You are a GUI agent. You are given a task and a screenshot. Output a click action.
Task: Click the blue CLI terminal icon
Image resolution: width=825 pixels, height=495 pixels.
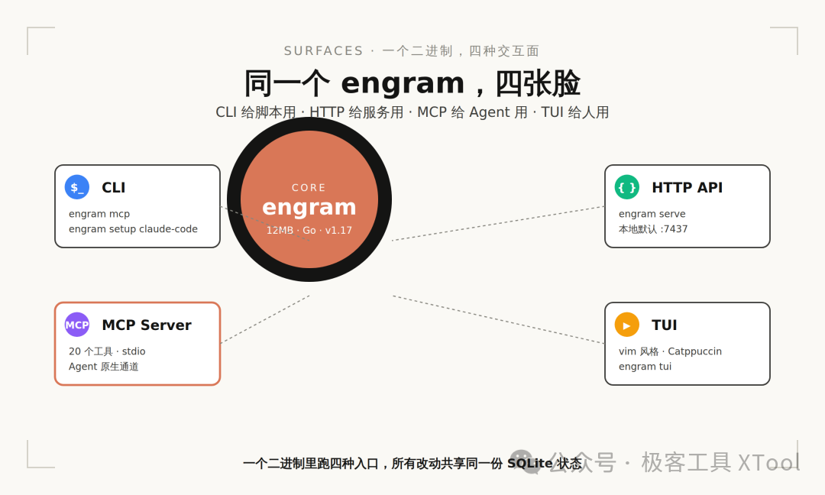pos(77,187)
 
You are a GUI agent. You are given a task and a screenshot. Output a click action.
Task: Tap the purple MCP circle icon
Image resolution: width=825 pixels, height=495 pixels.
pos(77,325)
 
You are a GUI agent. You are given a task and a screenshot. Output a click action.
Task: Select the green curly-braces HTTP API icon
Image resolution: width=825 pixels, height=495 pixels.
pos(627,187)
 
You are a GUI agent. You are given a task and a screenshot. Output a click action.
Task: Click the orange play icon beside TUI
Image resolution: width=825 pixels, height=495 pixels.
pos(627,325)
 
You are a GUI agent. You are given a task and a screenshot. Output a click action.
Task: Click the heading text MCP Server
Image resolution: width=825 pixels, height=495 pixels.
pos(146,325)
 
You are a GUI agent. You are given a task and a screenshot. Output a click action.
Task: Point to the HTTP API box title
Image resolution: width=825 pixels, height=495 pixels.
pos(687,187)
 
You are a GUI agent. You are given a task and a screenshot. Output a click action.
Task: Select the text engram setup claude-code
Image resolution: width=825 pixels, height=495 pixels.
pos(133,229)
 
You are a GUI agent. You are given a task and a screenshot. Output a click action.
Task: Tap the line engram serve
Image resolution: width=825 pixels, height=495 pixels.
pos(652,214)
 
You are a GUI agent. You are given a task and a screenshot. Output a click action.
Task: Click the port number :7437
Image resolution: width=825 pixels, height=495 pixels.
pos(674,229)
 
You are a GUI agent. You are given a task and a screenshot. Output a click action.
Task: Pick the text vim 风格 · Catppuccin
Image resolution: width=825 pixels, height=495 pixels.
pos(671,351)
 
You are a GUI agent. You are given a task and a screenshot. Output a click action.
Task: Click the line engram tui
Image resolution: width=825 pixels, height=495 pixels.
pos(645,367)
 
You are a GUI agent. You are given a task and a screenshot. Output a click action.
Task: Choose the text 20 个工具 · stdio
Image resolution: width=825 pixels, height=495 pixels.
pos(107,351)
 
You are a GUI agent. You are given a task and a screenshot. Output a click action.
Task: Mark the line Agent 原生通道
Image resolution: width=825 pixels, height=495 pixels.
pos(104,367)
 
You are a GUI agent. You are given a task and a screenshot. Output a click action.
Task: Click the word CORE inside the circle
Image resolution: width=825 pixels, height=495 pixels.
pos(309,188)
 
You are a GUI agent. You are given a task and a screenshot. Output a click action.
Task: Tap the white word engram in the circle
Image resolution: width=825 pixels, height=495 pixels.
pos(309,207)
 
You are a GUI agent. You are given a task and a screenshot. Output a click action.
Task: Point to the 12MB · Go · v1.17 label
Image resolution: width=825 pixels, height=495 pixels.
pos(309,231)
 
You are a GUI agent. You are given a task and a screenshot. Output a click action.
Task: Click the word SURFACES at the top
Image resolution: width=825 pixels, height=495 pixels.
pos(324,51)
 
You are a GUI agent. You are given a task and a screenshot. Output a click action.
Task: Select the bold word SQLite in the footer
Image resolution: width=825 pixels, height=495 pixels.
pos(530,464)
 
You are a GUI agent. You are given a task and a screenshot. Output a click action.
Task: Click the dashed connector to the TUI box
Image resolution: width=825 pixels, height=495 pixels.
pos(499,320)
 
